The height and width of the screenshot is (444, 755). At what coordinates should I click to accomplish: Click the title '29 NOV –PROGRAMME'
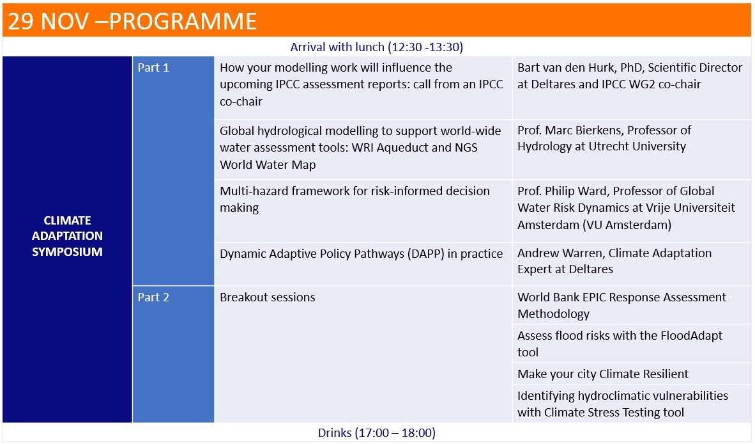pos(132,21)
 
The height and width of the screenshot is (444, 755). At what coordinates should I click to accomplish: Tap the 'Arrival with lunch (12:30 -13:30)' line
pos(376,47)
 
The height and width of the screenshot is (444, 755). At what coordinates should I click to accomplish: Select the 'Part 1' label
pos(153,67)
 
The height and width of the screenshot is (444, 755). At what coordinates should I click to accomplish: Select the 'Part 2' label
pos(153,297)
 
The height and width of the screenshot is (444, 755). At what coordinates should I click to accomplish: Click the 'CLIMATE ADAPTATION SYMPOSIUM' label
pos(68,236)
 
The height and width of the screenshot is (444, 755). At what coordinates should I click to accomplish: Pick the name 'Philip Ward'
pos(576,191)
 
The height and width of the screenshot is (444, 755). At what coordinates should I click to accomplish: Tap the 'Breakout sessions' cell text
pos(268,297)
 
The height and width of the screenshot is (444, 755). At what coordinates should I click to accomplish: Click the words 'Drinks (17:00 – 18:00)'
pos(376,433)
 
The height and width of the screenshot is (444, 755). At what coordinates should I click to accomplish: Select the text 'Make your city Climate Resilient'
pos(603,374)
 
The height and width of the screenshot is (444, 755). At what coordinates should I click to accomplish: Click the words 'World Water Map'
pos(268,165)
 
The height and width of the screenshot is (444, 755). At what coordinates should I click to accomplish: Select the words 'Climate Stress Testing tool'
pos(614,413)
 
